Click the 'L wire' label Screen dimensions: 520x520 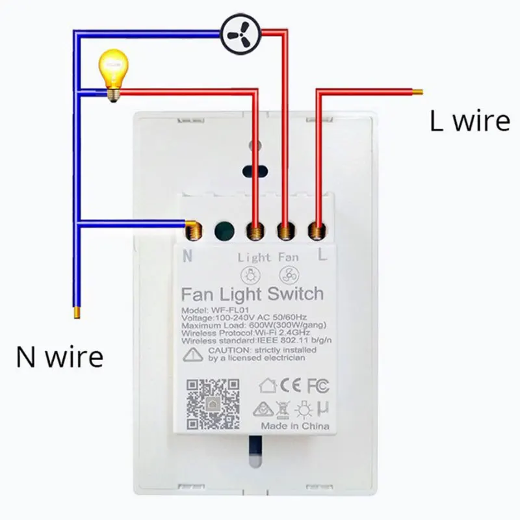[469, 121]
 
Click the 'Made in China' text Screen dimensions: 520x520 [295, 426]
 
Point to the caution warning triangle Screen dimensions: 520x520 [193, 354]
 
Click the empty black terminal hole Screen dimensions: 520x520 [223, 229]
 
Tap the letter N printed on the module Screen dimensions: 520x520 [188, 255]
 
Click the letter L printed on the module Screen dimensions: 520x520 [322, 255]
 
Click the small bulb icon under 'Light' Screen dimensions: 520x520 [254, 273]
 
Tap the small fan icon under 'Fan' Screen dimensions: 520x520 [288, 273]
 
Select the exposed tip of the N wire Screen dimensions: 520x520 [77, 313]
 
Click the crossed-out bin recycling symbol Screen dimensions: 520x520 [283, 409]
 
